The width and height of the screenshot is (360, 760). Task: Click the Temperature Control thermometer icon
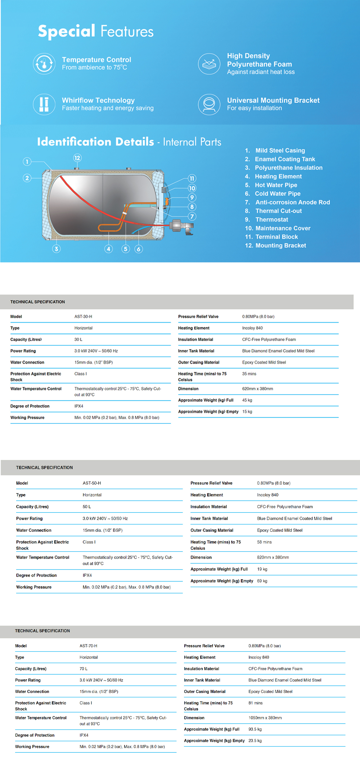pos(44,64)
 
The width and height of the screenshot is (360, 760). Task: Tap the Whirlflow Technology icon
pos(44,104)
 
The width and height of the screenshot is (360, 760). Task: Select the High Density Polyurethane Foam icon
pos(209,64)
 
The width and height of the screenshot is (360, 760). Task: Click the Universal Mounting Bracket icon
pos(209,104)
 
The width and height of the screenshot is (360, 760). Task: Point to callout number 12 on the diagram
pos(77,158)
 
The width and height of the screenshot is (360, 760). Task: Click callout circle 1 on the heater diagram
pos(27,161)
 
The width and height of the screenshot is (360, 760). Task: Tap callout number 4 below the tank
pos(109,249)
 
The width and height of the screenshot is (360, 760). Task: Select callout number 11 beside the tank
pos(192,178)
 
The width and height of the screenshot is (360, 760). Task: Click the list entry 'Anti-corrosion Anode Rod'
pos(292,202)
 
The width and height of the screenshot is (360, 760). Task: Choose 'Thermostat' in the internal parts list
pos(271,220)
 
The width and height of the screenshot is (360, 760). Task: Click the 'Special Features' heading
pos(96,32)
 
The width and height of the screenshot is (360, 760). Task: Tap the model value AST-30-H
pos(83,317)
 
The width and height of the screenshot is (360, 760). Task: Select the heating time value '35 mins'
pos(249,374)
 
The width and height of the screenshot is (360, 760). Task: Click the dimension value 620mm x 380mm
pos(257,389)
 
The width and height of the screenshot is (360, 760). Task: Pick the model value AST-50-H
pos(92,483)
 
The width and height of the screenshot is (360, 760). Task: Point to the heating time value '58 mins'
pos(264,542)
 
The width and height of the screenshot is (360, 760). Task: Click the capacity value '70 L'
pos(84,669)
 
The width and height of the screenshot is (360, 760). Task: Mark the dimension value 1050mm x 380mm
pos(265,718)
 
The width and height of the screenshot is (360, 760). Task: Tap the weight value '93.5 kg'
pos(255,729)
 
